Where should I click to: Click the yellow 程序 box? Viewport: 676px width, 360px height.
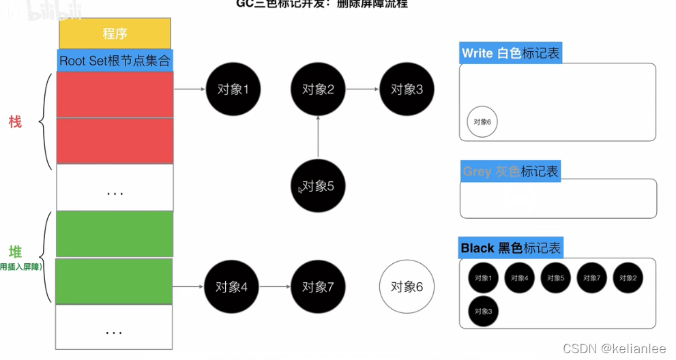115,33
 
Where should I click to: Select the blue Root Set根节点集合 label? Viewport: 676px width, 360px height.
115,60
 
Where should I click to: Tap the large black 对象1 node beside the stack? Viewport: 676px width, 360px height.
233,89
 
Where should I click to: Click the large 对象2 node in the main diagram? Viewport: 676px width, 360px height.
318,89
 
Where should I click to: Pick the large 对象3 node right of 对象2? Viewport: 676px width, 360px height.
407,89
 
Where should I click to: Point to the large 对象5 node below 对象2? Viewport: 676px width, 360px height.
318,185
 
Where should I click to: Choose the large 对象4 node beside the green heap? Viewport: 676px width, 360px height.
231,287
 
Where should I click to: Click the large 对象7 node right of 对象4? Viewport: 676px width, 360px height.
318,287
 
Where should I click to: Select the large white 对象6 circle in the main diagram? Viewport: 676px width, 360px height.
407,287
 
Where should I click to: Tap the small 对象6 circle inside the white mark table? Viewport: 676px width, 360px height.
482,122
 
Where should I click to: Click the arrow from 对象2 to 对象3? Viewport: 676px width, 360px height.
362,89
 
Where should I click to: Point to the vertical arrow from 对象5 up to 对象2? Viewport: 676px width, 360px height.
318,136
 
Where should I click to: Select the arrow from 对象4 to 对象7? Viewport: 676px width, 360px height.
274,287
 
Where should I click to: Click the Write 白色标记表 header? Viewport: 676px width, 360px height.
511,53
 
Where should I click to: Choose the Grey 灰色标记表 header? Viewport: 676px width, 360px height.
510,171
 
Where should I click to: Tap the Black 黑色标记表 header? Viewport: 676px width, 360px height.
512,248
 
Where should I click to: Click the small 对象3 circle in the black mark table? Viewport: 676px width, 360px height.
483,312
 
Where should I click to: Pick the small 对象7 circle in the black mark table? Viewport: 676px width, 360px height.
592,278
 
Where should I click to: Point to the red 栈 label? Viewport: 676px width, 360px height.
15,122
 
